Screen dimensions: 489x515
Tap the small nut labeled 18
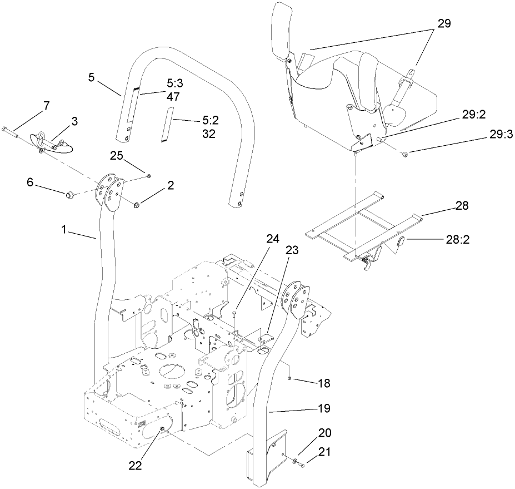[291, 378]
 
